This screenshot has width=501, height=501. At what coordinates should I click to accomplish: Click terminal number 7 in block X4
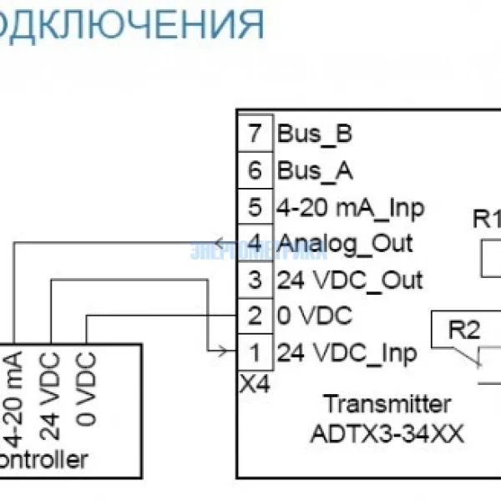[255, 134]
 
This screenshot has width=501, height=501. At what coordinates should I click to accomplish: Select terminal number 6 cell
[255, 171]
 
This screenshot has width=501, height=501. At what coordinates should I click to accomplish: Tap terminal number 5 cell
[255, 207]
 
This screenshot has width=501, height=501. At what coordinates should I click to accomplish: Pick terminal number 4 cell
[255, 243]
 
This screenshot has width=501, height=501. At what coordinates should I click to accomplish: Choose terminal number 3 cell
[255, 280]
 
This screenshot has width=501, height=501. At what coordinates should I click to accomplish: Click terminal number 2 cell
[255, 316]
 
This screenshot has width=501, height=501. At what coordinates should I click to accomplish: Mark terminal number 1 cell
[255, 352]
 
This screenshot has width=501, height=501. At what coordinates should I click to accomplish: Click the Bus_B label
[315, 134]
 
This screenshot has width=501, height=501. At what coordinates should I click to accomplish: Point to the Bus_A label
[315, 171]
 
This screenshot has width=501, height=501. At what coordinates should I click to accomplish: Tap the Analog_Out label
[345, 243]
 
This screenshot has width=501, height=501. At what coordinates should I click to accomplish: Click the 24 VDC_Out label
[350, 280]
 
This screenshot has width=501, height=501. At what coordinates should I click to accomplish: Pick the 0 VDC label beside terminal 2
[315, 316]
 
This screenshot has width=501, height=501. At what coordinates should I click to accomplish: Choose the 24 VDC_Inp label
[347, 352]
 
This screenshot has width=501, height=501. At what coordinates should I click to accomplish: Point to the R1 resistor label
[485, 220]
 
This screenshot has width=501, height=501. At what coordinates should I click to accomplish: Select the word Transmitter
[387, 405]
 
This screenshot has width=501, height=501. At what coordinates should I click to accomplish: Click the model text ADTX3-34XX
[387, 434]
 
